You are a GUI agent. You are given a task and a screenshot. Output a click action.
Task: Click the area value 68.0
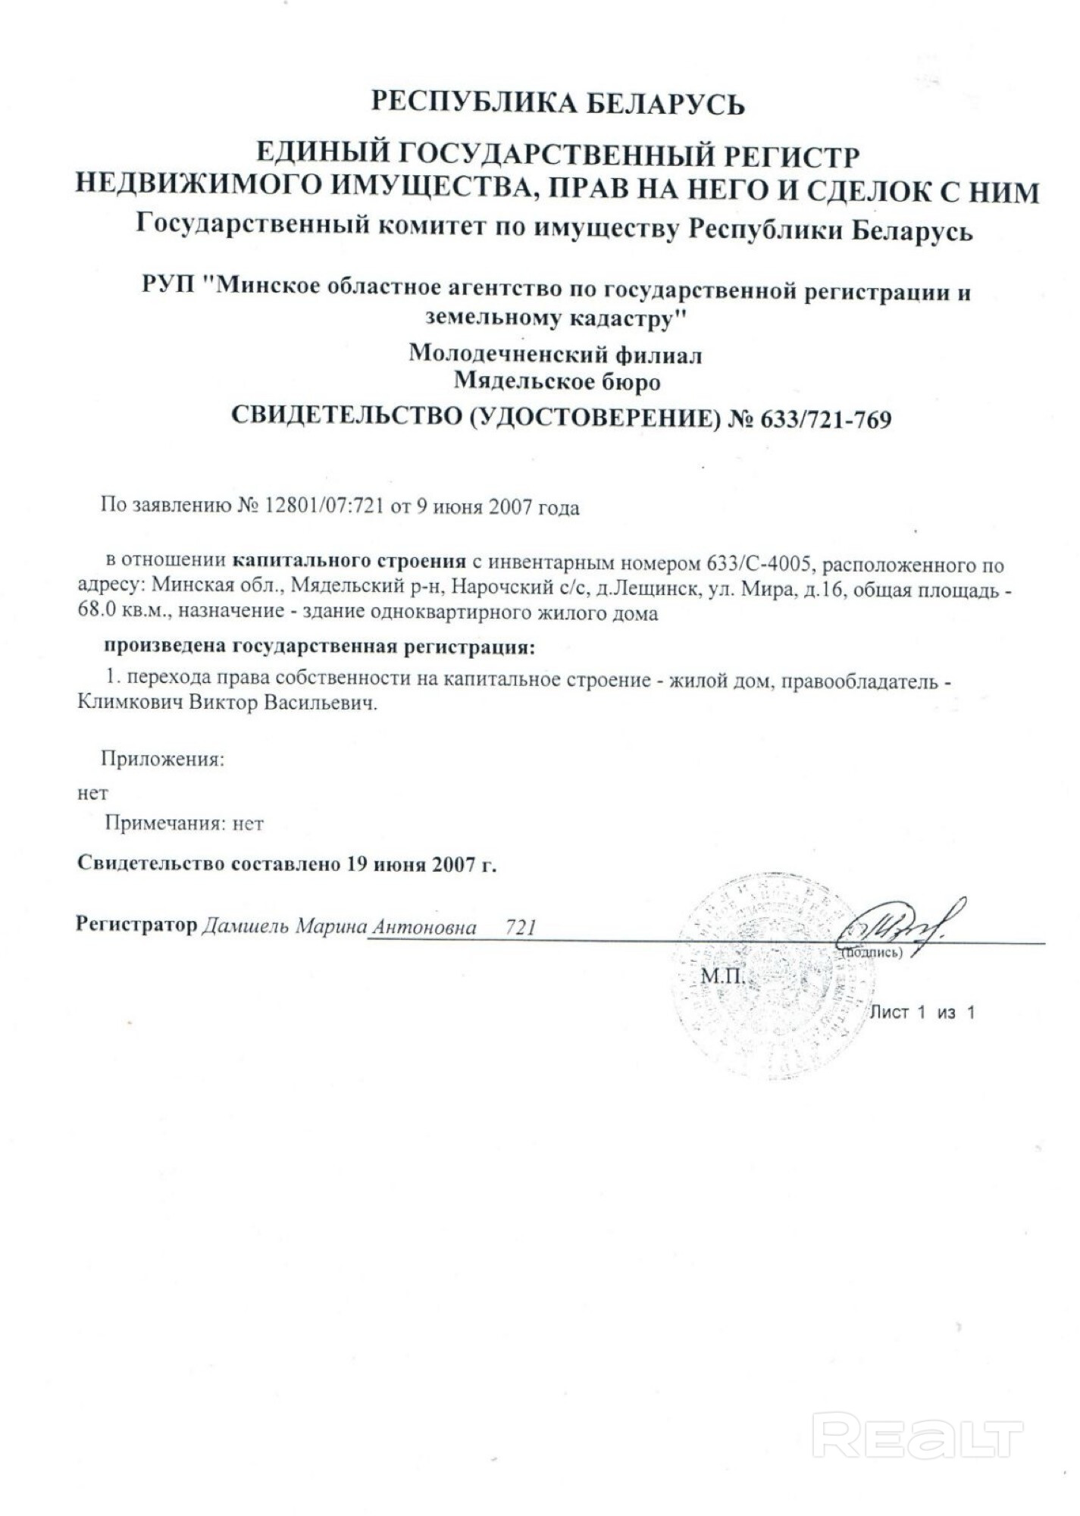(96, 612)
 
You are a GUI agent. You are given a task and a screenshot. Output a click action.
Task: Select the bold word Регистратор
(136, 926)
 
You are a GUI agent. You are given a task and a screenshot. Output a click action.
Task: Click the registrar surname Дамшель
(245, 927)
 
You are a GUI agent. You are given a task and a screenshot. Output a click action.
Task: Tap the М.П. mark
(722, 976)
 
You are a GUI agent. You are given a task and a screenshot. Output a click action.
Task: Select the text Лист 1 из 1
(922, 1012)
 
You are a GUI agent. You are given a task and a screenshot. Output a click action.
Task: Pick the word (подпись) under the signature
(872, 953)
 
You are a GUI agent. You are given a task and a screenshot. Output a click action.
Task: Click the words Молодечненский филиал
(556, 354)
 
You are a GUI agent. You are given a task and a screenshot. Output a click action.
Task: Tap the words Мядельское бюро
(557, 381)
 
